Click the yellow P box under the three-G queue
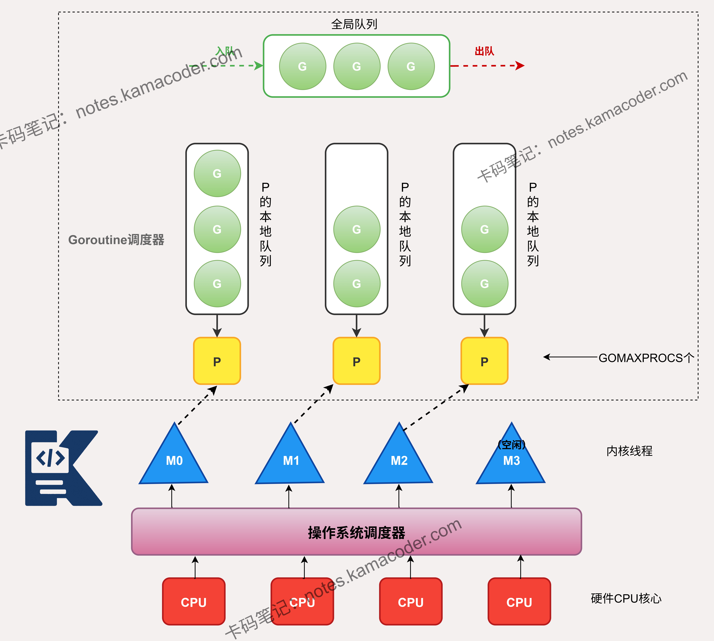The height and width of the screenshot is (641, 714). coord(217,361)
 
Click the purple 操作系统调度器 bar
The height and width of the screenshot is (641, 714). coord(356,532)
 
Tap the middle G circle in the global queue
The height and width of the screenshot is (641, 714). coord(357,66)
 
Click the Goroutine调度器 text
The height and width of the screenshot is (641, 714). coord(116,240)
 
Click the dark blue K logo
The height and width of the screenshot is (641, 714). coord(63,468)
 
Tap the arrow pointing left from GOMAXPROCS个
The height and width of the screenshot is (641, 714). coord(571,357)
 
